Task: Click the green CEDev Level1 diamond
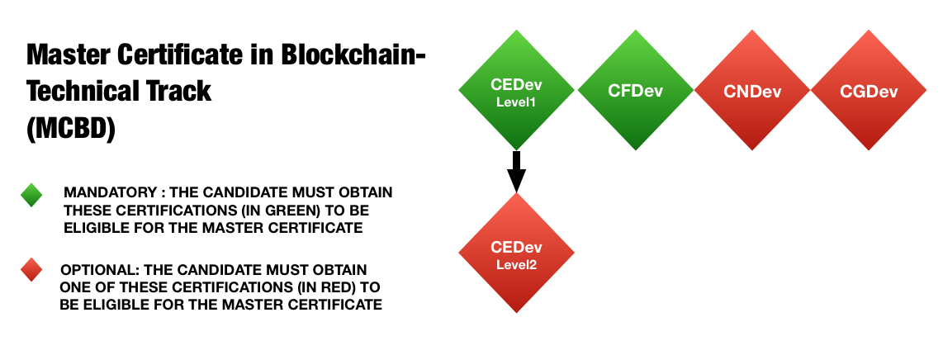[517, 90]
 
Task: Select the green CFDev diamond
[636, 90]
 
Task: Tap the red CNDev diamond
[752, 90]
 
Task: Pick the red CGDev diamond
[869, 90]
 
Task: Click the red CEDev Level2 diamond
[517, 253]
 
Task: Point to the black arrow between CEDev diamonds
[517, 172]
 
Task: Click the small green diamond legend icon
[31, 196]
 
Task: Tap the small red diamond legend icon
[31, 270]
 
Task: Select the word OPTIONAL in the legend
[96, 269]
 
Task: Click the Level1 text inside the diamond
[516, 102]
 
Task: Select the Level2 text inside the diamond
[516, 264]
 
